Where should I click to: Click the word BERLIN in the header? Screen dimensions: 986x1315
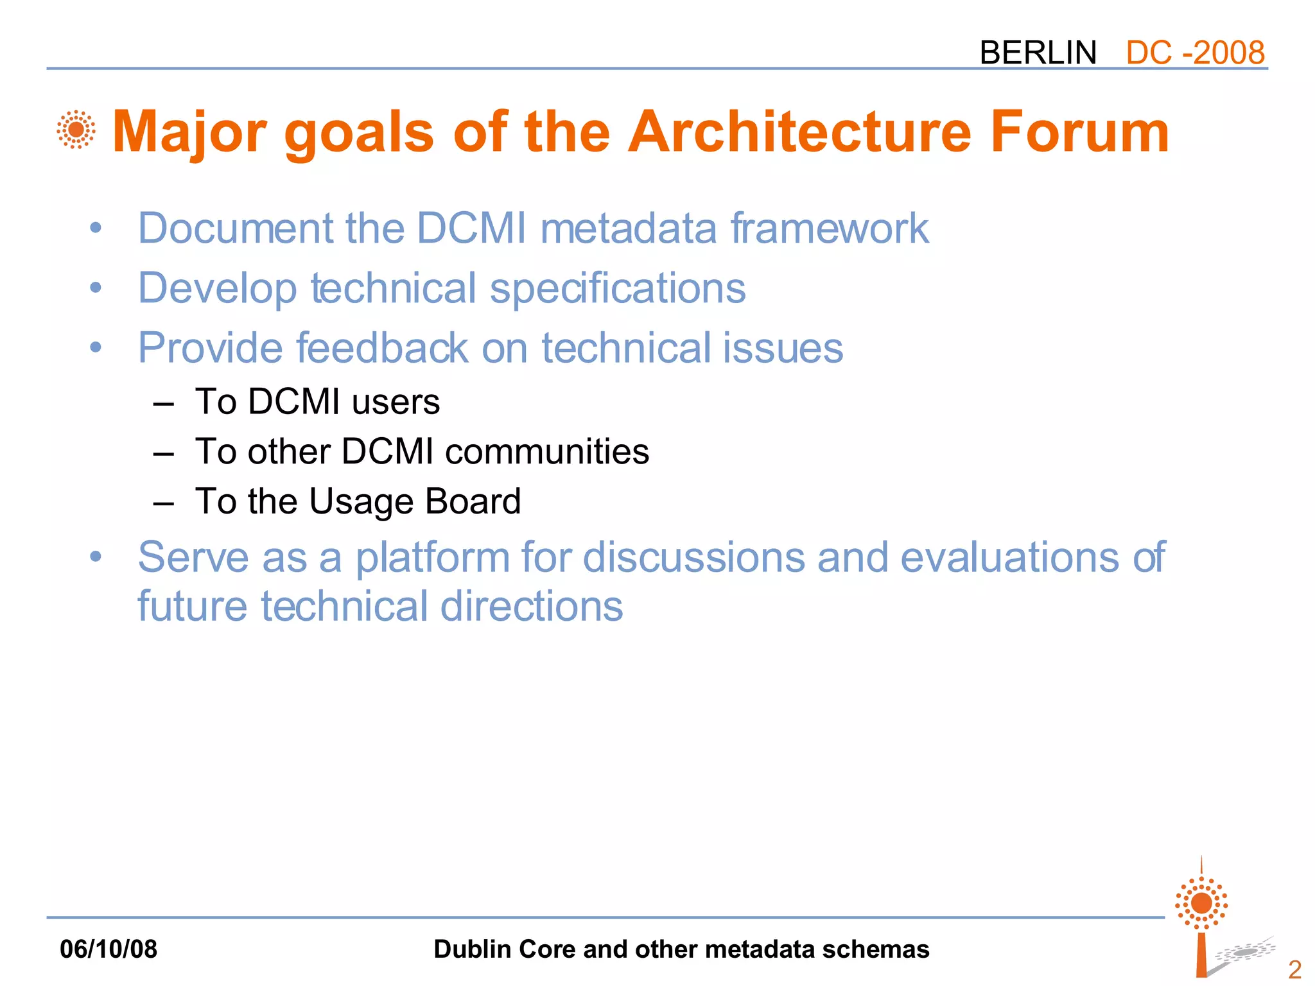tap(1038, 53)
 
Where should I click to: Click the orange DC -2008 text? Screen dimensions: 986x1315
tap(1195, 53)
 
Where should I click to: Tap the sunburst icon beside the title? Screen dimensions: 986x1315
tap(76, 130)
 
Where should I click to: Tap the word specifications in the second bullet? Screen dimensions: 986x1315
tap(618, 288)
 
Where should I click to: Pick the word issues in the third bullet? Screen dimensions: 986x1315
tap(783, 348)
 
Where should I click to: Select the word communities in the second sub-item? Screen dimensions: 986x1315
tap(547, 451)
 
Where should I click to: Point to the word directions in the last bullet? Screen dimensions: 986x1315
tap(532, 607)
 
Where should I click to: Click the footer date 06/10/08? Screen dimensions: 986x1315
tap(109, 949)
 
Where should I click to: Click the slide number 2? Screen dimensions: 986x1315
tap(1294, 968)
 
